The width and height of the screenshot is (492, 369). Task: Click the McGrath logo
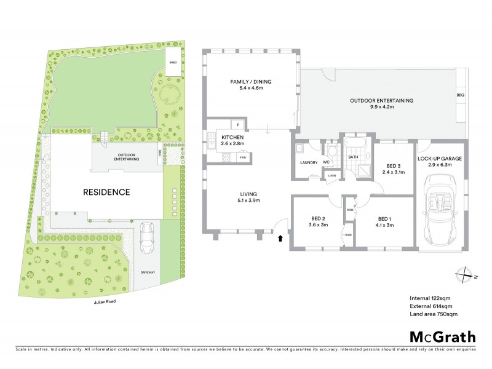click(442, 336)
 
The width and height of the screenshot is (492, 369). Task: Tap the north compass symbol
click(466, 274)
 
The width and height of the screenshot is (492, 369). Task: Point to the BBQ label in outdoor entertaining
click(460, 95)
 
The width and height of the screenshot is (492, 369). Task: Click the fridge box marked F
click(238, 125)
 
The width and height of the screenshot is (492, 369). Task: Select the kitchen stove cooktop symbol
click(226, 157)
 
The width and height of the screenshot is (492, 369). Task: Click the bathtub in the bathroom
click(354, 142)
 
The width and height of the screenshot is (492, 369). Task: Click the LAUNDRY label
click(307, 162)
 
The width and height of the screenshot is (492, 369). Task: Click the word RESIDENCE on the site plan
click(106, 192)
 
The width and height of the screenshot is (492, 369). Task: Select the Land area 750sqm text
click(434, 314)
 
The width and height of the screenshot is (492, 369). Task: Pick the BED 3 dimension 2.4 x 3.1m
click(394, 172)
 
